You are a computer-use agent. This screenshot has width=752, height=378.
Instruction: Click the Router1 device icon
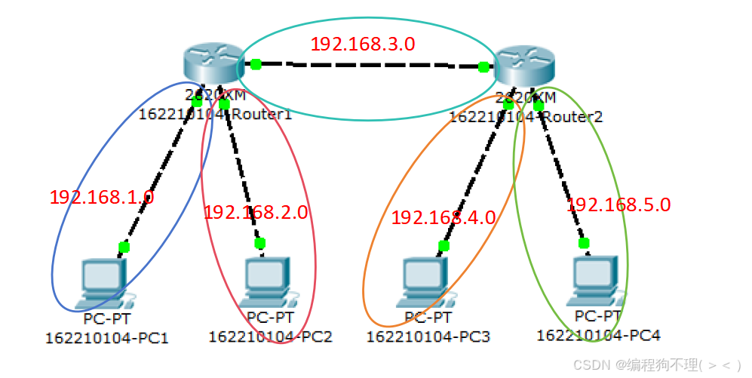click(x=211, y=65)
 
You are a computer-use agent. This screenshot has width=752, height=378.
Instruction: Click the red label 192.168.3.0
click(x=363, y=44)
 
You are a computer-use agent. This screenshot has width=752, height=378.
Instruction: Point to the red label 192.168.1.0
click(x=102, y=198)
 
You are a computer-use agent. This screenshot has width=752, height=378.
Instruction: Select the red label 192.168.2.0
click(x=256, y=213)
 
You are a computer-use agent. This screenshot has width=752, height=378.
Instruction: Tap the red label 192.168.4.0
click(x=443, y=218)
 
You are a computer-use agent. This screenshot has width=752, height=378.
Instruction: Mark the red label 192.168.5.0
click(x=618, y=204)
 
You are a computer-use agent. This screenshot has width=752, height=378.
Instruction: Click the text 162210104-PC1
click(x=107, y=337)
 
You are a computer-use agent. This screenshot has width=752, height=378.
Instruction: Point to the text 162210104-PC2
click(x=270, y=337)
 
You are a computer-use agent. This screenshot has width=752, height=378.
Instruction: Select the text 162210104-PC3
click(x=428, y=337)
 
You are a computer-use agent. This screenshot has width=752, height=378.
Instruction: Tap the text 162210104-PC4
click(x=593, y=335)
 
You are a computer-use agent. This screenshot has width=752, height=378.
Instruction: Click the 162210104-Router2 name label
click(x=526, y=117)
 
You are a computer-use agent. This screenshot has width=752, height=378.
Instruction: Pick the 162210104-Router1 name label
click(x=215, y=114)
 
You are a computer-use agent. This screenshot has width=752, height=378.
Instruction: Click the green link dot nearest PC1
click(x=124, y=247)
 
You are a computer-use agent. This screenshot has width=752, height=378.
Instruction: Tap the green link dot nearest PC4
click(x=584, y=242)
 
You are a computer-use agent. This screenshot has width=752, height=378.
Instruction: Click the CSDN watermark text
click(x=656, y=365)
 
